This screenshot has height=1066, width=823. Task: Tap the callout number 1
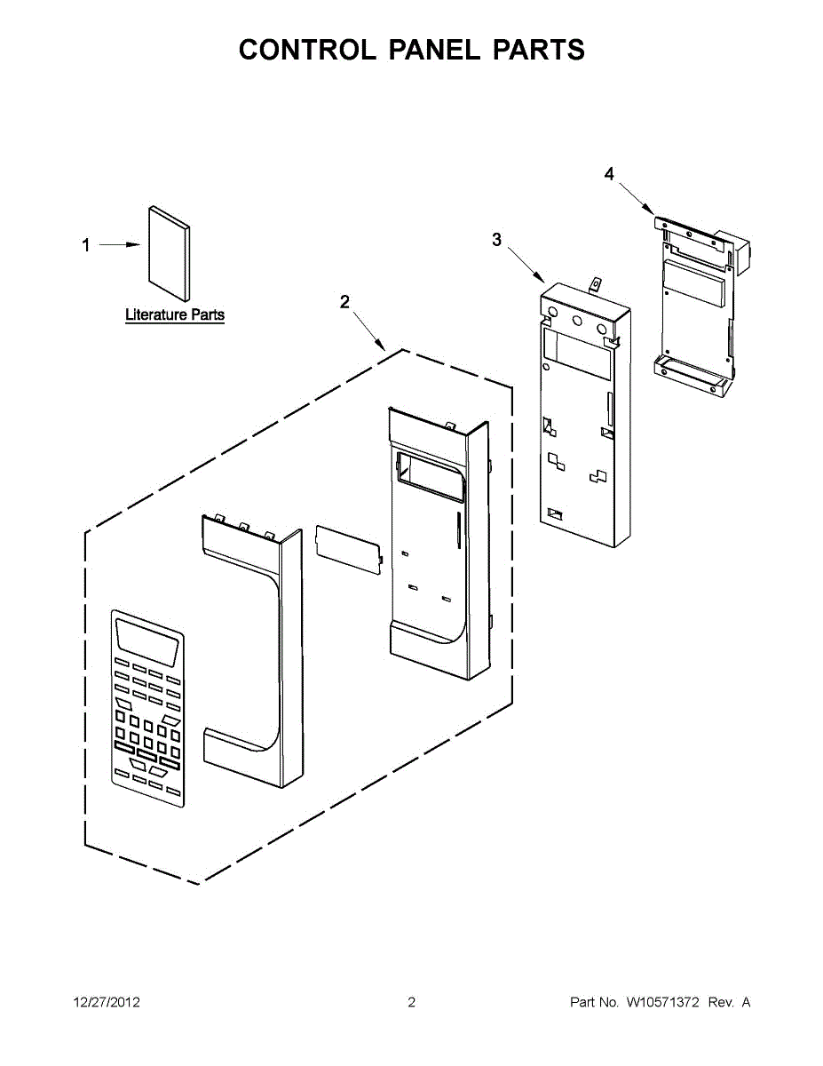coord(86,245)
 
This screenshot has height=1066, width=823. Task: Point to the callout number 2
coord(344,302)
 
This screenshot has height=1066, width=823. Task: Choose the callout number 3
coord(496,239)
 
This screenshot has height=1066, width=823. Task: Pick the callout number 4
coord(608,174)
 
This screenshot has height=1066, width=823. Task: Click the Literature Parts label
coord(174,314)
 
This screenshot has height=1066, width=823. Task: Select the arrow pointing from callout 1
coord(120,244)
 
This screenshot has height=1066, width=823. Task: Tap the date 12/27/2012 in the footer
coord(106,1003)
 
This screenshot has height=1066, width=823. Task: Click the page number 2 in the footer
coord(411,1003)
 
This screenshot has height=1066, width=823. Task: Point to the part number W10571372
coord(663,1003)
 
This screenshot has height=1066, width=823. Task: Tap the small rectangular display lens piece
coord(348,544)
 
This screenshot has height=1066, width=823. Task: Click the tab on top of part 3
coord(597,287)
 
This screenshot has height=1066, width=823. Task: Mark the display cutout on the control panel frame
coord(430,471)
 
